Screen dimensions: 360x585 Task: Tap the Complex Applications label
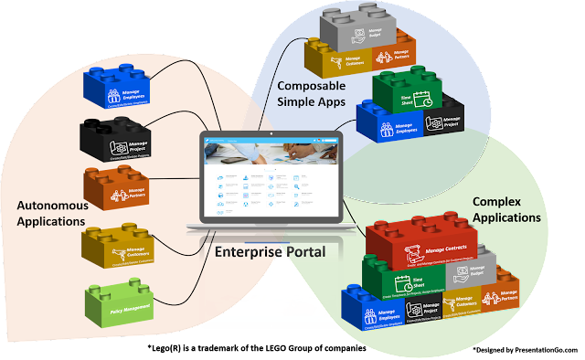pos(505,209)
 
